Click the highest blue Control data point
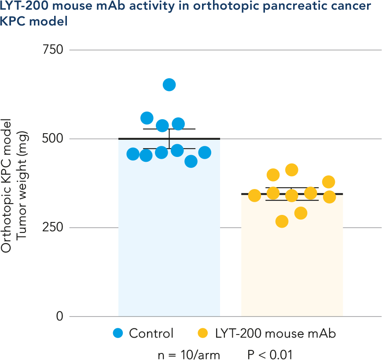click(x=169, y=85)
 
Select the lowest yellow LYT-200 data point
click(x=282, y=222)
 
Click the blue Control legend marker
click(x=118, y=333)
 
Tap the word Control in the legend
click(x=151, y=333)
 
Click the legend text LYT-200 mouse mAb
click(x=275, y=333)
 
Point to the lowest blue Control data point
click(x=191, y=161)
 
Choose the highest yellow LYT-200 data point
click(x=291, y=170)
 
